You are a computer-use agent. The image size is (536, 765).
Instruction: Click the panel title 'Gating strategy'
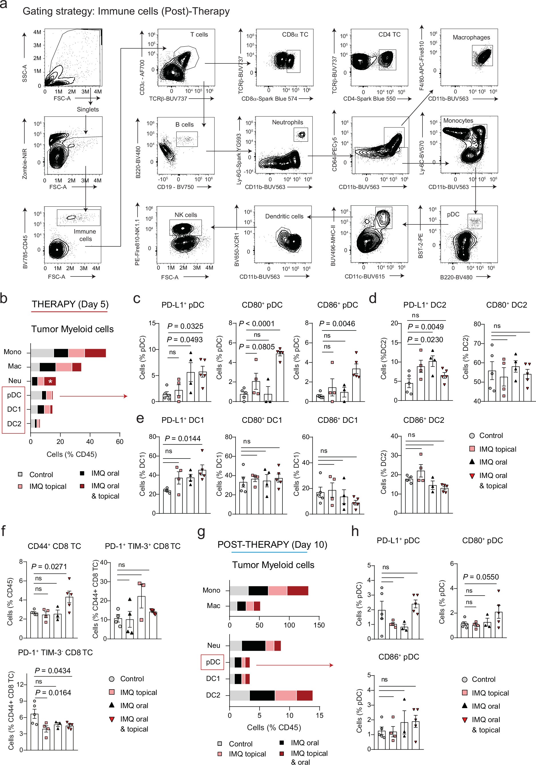click(x=126, y=11)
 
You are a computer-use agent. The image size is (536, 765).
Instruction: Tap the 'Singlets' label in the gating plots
click(x=87, y=109)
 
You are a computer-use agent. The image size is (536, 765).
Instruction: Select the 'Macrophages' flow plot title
click(x=471, y=37)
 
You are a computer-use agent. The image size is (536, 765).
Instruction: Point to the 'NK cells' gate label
click(x=186, y=215)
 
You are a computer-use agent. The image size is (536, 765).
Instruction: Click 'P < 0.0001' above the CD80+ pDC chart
click(x=257, y=324)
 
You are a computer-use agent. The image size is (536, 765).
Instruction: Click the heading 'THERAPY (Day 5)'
click(x=70, y=304)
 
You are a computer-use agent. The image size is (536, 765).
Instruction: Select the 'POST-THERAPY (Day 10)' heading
click(x=272, y=544)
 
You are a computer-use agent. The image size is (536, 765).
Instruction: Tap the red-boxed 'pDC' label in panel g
click(x=213, y=662)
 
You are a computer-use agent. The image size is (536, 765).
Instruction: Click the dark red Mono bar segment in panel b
click(x=95, y=353)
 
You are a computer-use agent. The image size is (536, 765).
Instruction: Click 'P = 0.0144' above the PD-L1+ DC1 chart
click(x=183, y=439)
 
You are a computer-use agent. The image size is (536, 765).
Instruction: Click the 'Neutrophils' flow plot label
click(x=287, y=122)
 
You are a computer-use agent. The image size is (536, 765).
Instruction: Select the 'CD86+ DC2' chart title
click(x=423, y=420)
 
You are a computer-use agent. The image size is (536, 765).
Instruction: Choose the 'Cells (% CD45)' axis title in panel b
click(x=72, y=455)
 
